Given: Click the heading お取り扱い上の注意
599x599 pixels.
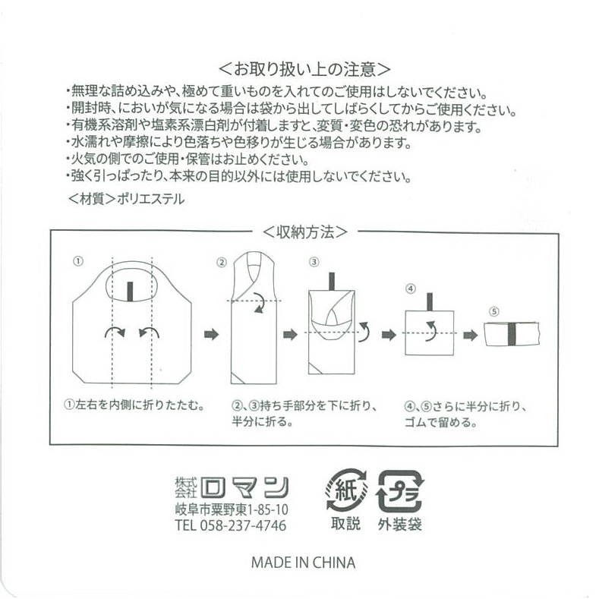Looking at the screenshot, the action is tap(304, 70).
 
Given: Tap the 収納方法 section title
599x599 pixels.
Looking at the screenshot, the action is tap(305, 232).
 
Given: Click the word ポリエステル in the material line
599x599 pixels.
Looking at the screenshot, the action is tap(150, 199).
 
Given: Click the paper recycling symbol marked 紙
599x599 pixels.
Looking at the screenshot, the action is tap(346, 490).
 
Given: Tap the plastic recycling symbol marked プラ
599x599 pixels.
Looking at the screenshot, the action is tap(400, 491).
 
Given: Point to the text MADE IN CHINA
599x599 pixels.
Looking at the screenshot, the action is tap(304, 563).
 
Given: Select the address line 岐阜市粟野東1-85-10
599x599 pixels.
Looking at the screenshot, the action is tap(232, 509).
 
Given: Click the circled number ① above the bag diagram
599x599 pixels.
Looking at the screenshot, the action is tap(78, 261).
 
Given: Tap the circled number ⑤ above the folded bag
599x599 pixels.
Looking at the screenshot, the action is tap(494, 312).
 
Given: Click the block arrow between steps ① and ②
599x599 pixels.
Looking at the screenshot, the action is tap(211, 335).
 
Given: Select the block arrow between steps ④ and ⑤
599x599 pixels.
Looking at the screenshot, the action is tap(470, 336).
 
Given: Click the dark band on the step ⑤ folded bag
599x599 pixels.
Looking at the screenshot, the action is tap(512, 334).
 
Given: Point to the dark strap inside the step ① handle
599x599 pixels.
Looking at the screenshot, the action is tap(130, 292).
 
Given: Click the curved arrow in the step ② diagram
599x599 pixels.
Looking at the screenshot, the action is tap(258, 304).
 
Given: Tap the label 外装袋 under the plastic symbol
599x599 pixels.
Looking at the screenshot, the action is tap(400, 525).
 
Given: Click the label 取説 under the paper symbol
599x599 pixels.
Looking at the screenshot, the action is tap(345, 523).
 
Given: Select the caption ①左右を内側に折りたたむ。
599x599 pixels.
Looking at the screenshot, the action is tap(134, 405).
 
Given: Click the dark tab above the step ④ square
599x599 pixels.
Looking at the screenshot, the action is tap(430, 302).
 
